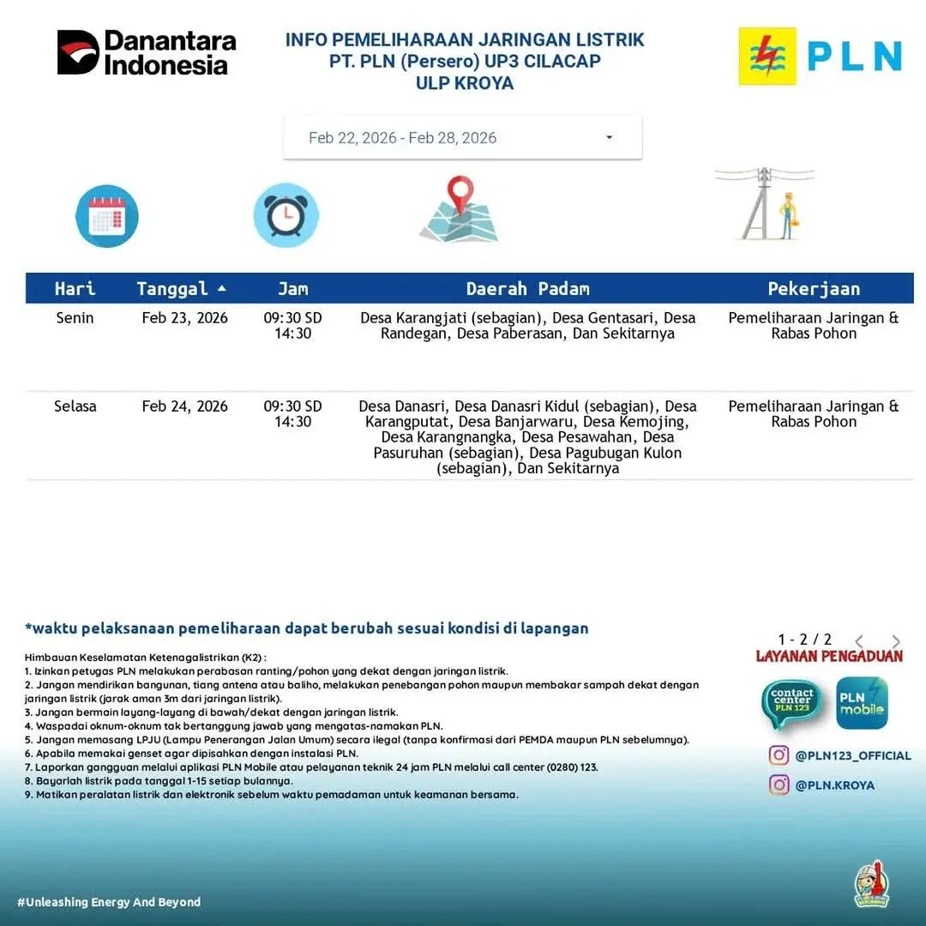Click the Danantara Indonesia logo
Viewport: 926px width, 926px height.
pos(146,52)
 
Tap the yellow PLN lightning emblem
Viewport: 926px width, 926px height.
pos(767,56)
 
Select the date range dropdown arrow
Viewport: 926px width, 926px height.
pos(609,138)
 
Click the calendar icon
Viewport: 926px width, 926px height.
pos(106,216)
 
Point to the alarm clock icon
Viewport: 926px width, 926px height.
pos(286,215)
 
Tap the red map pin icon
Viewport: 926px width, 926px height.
pos(460,195)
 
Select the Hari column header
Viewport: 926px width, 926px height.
pos(75,289)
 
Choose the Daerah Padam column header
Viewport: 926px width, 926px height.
pos(527,289)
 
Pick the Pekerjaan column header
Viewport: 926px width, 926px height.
pos(813,289)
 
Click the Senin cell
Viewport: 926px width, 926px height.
pos(75,318)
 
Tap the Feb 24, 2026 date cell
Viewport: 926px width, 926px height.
pos(185,406)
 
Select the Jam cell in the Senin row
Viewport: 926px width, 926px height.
pos(292,326)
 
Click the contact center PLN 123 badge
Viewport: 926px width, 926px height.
pos(791,703)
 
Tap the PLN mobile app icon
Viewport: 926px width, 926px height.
pos(862,703)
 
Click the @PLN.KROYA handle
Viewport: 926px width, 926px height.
pos(834,785)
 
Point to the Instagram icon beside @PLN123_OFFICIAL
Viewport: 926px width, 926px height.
pos(779,755)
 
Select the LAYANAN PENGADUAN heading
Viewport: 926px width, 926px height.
pos(829,657)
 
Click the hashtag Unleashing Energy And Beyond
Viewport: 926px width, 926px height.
pos(109,902)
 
